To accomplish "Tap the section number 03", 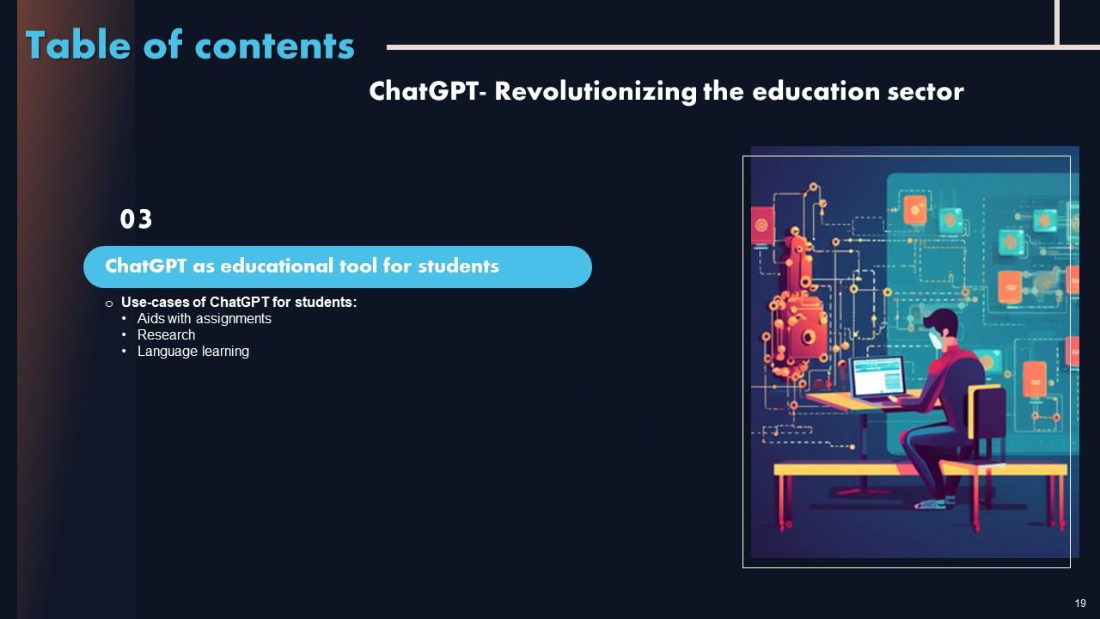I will pyautogui.click(x=136, y=220).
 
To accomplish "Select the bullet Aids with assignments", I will pyautogui.click(x=204, y=319).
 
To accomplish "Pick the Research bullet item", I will pyautogui.click(x=166, y=335).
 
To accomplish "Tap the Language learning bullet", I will pyautogui.click(x=192, y=352).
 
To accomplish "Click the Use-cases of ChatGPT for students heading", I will pyautogui.click(x=238, y=303).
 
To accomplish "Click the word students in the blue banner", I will pyautogui.click(x=457, y=267).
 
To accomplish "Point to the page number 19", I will pyautogui.click(x=1080, y=603).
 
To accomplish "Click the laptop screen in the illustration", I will pyautogui.click(x=877, y=377).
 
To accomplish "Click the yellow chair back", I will pyautogui.click(x=985, y=412).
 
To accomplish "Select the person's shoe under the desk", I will pyautogui.click(x=932, y=503).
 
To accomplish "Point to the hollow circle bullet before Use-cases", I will pyautogui.click(x=109, y=303).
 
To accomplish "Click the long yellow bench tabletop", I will pyautogui.click(x=920, y=469).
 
